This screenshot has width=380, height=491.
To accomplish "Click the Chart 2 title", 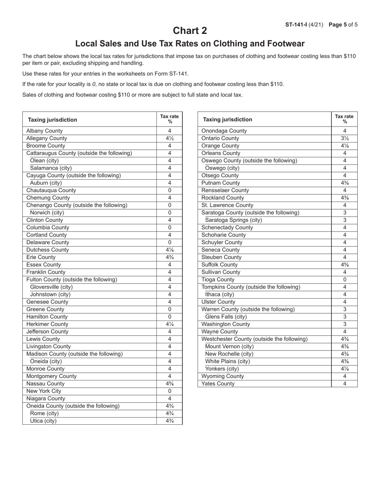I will pyautogui.click(x=190, y=31).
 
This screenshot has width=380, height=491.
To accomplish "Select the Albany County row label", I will pyautogui.click(x=44, y=131).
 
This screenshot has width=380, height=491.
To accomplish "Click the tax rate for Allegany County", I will pyautogui.click(x=170, y=139).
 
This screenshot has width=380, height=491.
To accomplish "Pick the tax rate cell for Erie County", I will pyautogui.click(x=170, y=257).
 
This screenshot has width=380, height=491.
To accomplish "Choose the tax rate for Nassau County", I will pyautogui.click(x=170, y=384).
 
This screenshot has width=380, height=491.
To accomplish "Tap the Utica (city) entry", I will pyautogui.click(x=43, y=421).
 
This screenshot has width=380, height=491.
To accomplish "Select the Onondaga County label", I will pyautogui.click(x=224, y=131).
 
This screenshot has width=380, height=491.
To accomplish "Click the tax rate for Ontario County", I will pyautogui.click(x=344, y=139).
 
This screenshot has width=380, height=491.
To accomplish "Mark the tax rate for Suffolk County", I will pyautogui.click(x=344, y=265).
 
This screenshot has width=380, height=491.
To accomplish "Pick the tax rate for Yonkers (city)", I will pyautogui.click(x=344, y=369).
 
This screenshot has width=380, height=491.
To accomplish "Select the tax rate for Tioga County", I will pyautogui.click(x=344, y=279).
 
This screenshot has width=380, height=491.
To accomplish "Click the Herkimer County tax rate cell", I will pyautogui.click(x=170, y=324).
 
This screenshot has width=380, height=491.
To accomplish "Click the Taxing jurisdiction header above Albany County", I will pyautogui.click(x=52, y=120).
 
